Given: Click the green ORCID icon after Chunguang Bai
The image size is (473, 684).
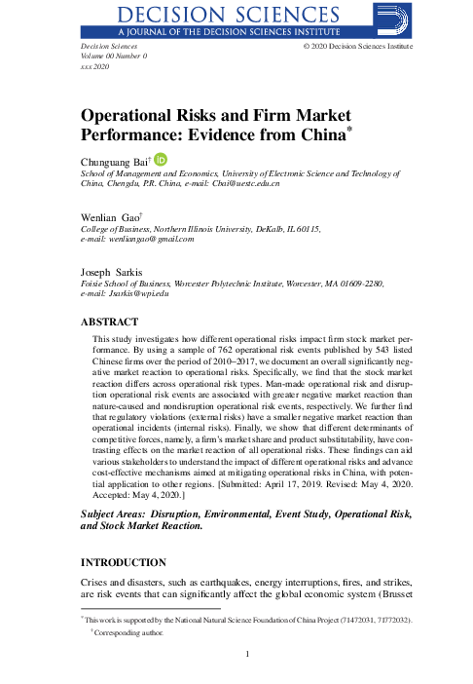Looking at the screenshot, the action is (162, 159).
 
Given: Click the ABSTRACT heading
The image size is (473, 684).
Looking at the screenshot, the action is (109, 320).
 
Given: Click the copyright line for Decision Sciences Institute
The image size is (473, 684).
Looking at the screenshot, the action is (357, 46).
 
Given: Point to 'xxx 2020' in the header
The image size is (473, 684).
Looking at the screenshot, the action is (94, 67).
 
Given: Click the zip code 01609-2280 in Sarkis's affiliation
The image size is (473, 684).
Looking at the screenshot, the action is (361, 283).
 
